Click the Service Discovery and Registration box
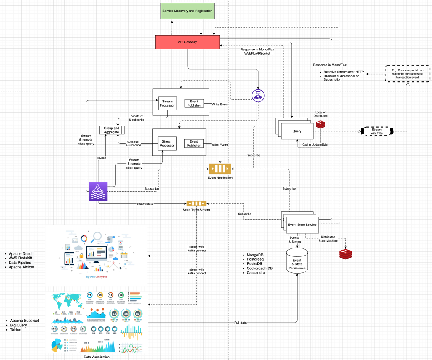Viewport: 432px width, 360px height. point(187,11)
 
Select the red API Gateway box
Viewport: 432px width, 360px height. point(187,42)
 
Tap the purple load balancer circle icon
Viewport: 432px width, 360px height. point(258,96)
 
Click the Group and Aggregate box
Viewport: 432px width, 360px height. point(112,130)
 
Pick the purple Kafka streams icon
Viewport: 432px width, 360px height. point(98,191)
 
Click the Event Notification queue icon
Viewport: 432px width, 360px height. point(220,169)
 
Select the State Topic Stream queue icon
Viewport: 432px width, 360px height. point(196,204)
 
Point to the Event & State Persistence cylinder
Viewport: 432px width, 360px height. point(297,262)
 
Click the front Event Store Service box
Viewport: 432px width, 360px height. point(302,225)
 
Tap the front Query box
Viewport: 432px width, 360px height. point(297,131)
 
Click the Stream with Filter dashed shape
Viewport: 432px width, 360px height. point(377,131)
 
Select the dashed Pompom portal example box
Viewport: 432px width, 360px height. point(407,74)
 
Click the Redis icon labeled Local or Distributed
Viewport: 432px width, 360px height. point(320,125)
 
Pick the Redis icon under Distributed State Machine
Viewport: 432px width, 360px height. point(346,254)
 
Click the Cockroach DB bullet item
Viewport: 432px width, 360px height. point(260,268)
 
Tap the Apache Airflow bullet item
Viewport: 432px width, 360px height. point(21,267)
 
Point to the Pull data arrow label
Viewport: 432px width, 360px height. point(240,323)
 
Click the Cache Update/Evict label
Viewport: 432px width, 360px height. point(315,144)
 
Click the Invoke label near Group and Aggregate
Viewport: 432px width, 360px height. point(102,158)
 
